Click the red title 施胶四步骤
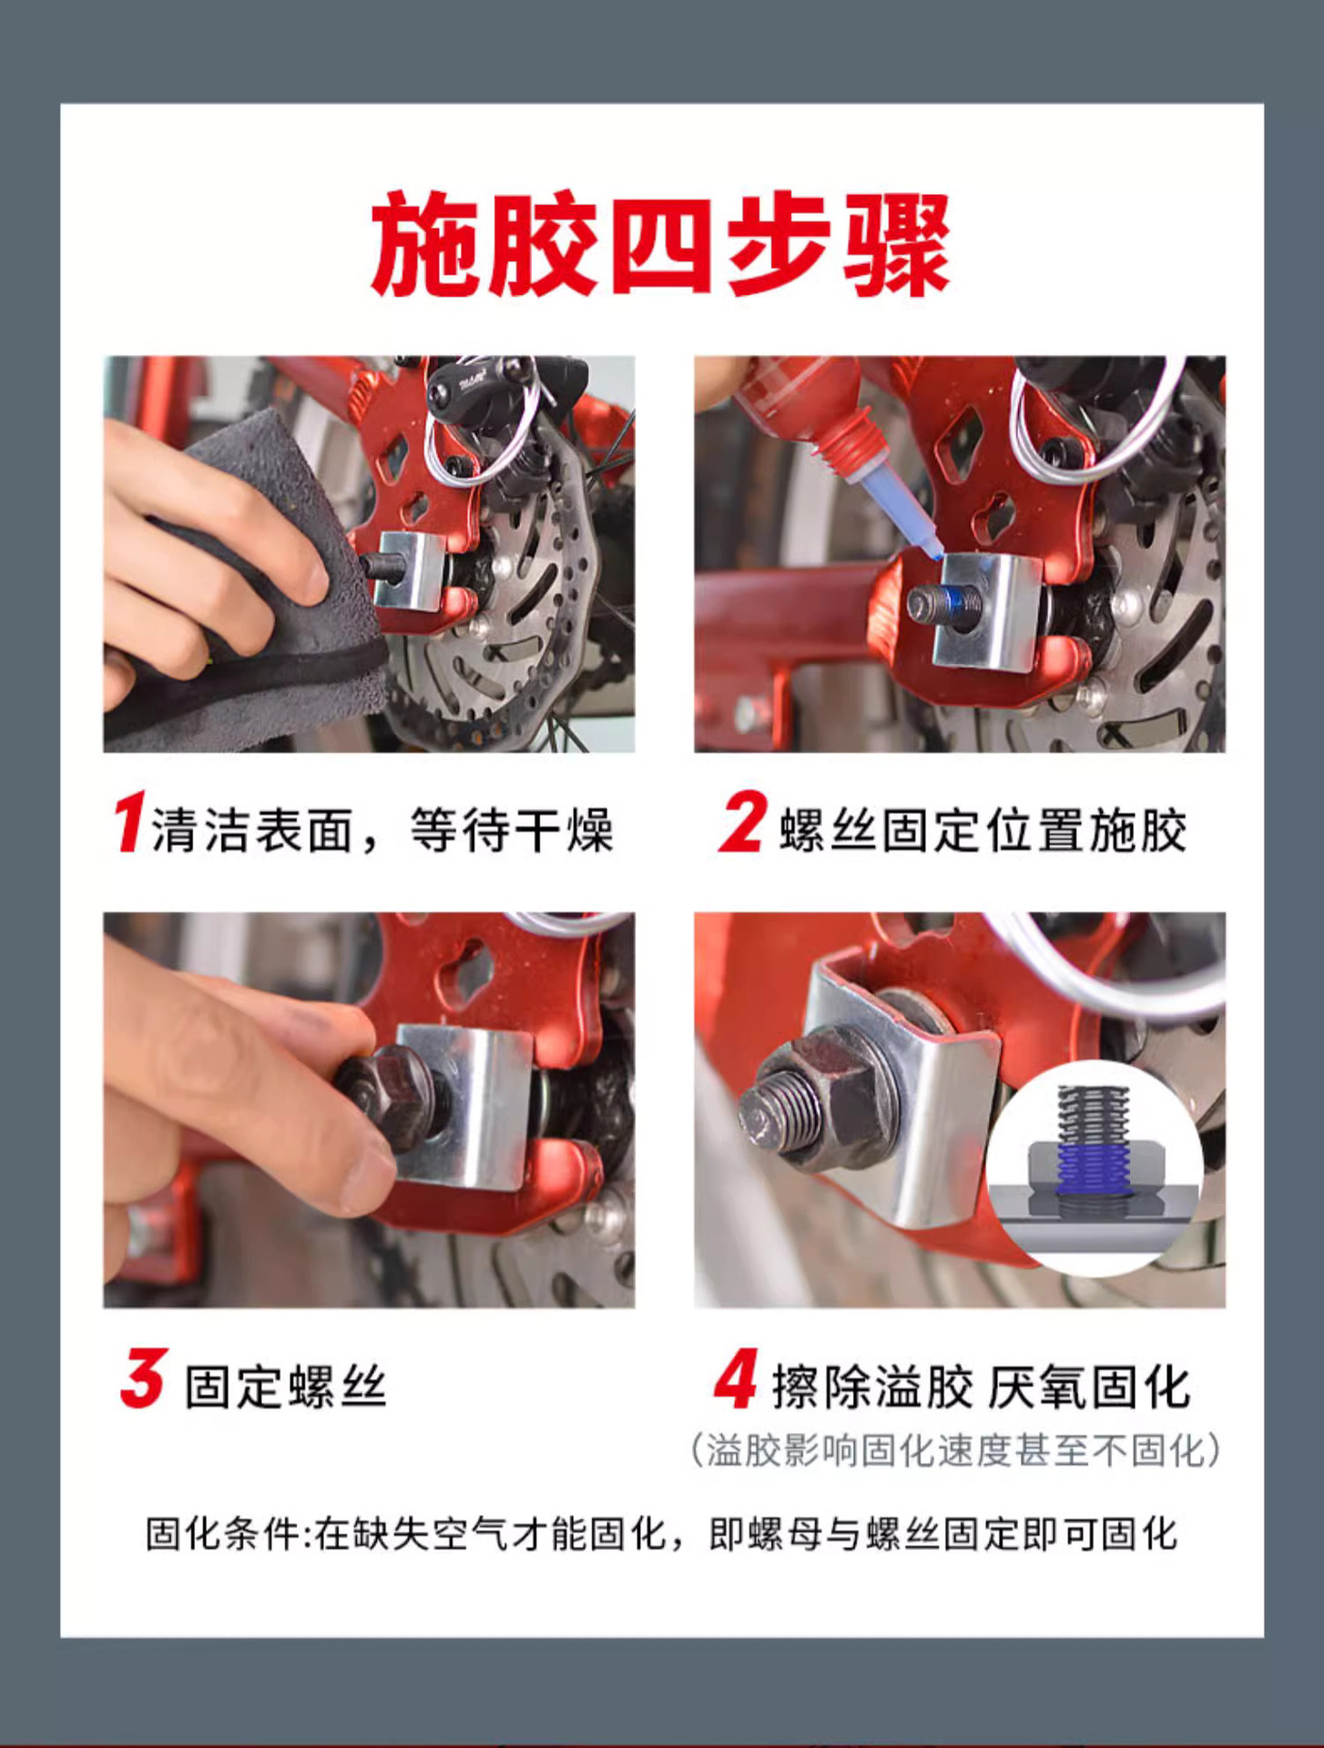pos(661,243)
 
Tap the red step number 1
pos(129,822)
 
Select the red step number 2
pos(742,822)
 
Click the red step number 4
pos(736,1378)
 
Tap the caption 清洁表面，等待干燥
pos(382,829)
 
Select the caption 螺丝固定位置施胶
pos(983,829)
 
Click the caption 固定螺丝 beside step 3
pos(286,1387)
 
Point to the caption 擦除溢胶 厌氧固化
pos(982,1387)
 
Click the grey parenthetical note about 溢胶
pos(955,1450)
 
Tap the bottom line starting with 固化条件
pos(661,1534)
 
